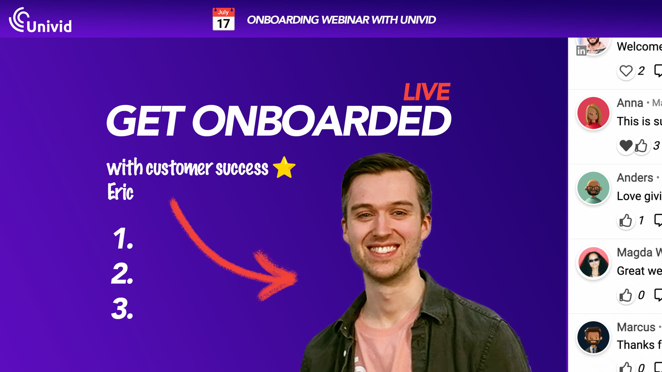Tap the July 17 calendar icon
click(x=223, y=19)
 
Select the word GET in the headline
click(x=145, y=121)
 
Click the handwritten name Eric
click(x=120, y=191)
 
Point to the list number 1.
click(x=123, y=238)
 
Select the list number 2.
click(x=122, y=274)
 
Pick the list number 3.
click(x=122, y=309)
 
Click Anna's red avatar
click(x=593, y=113)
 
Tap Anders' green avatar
click(x=593, y=188)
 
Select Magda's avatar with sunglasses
click(x=593, y=262)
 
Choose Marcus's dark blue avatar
click(x=593, y=337)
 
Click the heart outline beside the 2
click(x=626, y=71)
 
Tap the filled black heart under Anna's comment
click(x=626, y=145)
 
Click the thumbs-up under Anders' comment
click(x=626, y=220)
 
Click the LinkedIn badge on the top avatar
click(x=581, y=51)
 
